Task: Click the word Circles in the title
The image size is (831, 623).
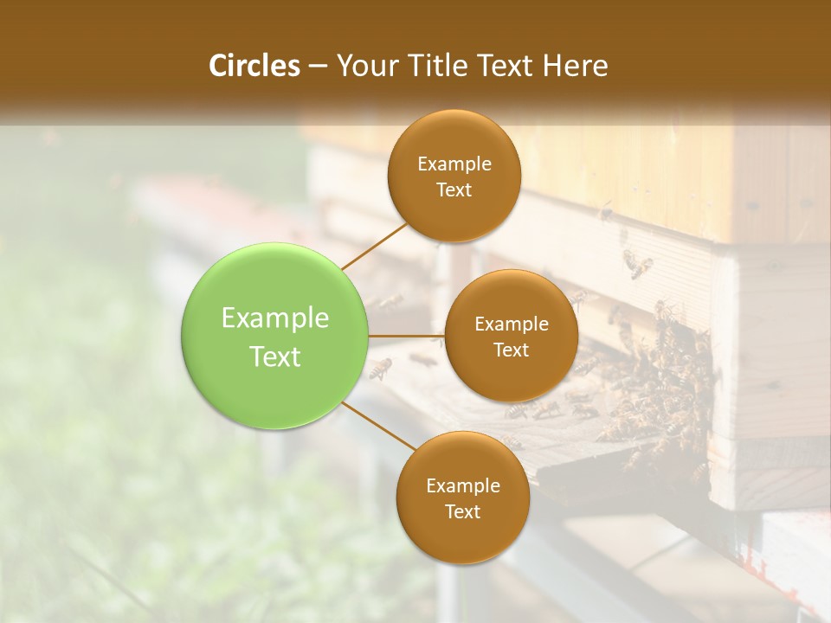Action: point(254,66)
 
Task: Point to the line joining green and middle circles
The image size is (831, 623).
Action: point(407,336)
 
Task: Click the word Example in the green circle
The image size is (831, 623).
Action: point(275,318)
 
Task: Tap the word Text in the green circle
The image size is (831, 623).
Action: point(275,356)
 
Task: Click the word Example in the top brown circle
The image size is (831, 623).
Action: point(454,164)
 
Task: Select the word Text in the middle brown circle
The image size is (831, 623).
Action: point(512,350)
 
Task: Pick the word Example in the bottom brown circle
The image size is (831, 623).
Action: point(463,486)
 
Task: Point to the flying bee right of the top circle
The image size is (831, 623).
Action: point(638,263)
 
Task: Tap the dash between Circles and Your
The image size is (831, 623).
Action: point(318,66)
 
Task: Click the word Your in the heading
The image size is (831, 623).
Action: point(366,66)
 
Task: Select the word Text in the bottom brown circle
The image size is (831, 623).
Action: point(463,511)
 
